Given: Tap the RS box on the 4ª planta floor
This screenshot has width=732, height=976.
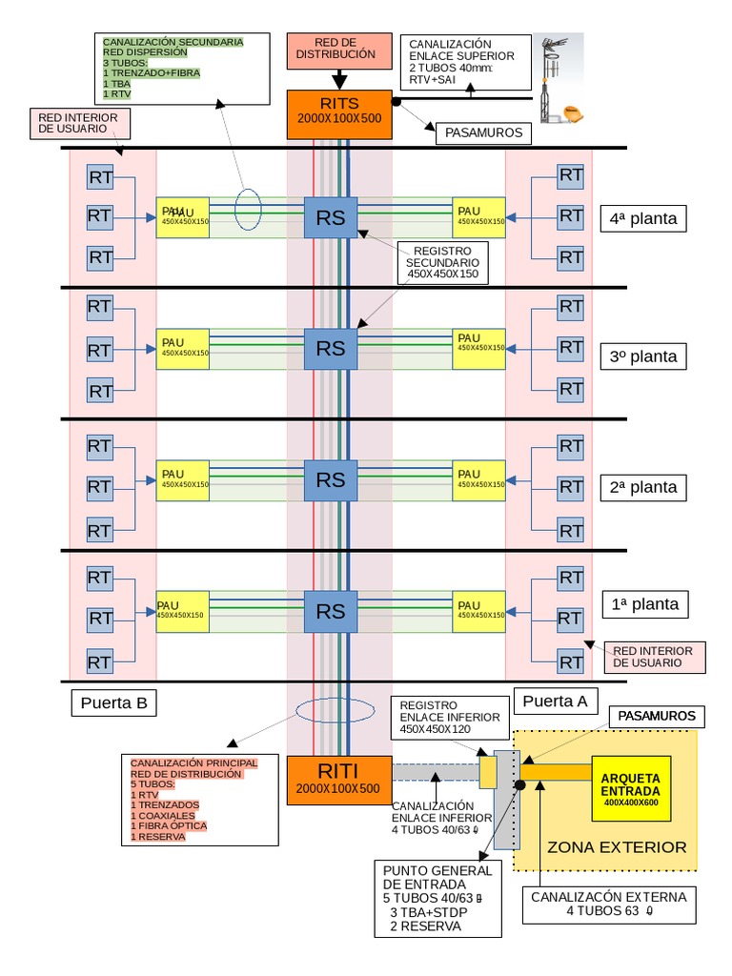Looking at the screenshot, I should click(x=331, y=217).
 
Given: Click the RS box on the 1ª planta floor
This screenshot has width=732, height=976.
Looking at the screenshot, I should click(x=331, y=610).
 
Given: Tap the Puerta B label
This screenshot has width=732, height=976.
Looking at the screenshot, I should click(x=113, y=703).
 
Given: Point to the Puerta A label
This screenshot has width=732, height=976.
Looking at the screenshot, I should click(x=555, y=701).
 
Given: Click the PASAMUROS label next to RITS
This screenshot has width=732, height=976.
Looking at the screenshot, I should click(x=483, y=132).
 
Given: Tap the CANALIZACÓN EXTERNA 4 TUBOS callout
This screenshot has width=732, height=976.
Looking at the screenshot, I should click(x=609, y=904).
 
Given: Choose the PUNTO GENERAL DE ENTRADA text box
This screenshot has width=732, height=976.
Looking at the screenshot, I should click(x=438, y=898).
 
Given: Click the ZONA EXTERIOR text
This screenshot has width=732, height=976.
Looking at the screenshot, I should click(x=616, y=847).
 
